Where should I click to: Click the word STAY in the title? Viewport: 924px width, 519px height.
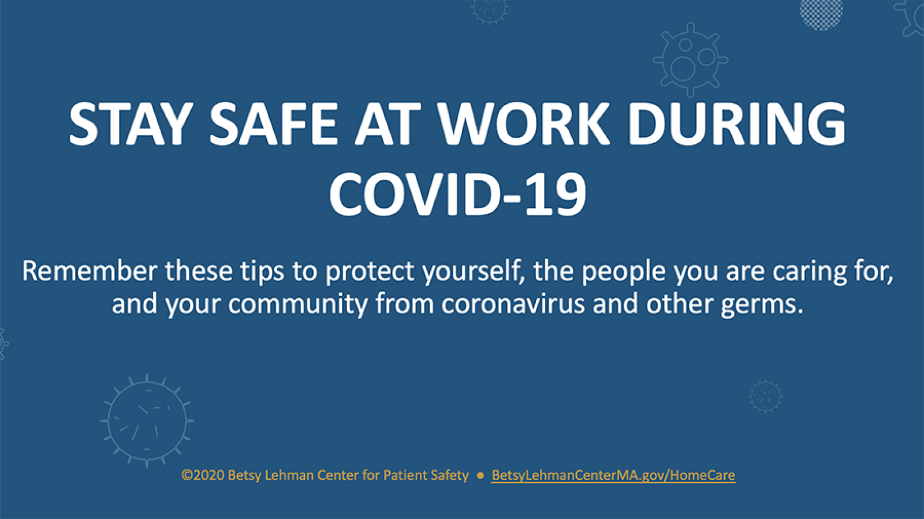pyautogui.click(x=126, y=124)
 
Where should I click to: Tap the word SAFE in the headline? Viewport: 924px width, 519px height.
pyautogui.click(x=274, y=124)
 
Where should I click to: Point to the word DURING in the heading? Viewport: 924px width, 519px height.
pyautogui.click(x=737, y=124)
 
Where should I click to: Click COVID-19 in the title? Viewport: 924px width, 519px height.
pyautogui.click(x=457, y=195)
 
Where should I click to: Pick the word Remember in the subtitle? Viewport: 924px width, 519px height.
pyautogui.click(x=90, y=271)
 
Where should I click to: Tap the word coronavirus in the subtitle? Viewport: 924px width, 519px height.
pyautogui.click(x=513, y=304)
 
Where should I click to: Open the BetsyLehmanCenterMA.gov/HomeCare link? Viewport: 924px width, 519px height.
pyautogui.click(x=613, y=475)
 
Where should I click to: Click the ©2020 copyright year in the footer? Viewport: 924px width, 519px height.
pyautogui.click(x=203, y=475)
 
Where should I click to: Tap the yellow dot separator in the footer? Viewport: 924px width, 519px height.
pyautogui.click(x=480, y=476)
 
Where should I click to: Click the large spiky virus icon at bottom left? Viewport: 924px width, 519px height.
pyautogui.click(x=147, y=421)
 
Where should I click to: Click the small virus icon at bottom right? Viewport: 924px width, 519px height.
pyautogui.click(x=766, y=396)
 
